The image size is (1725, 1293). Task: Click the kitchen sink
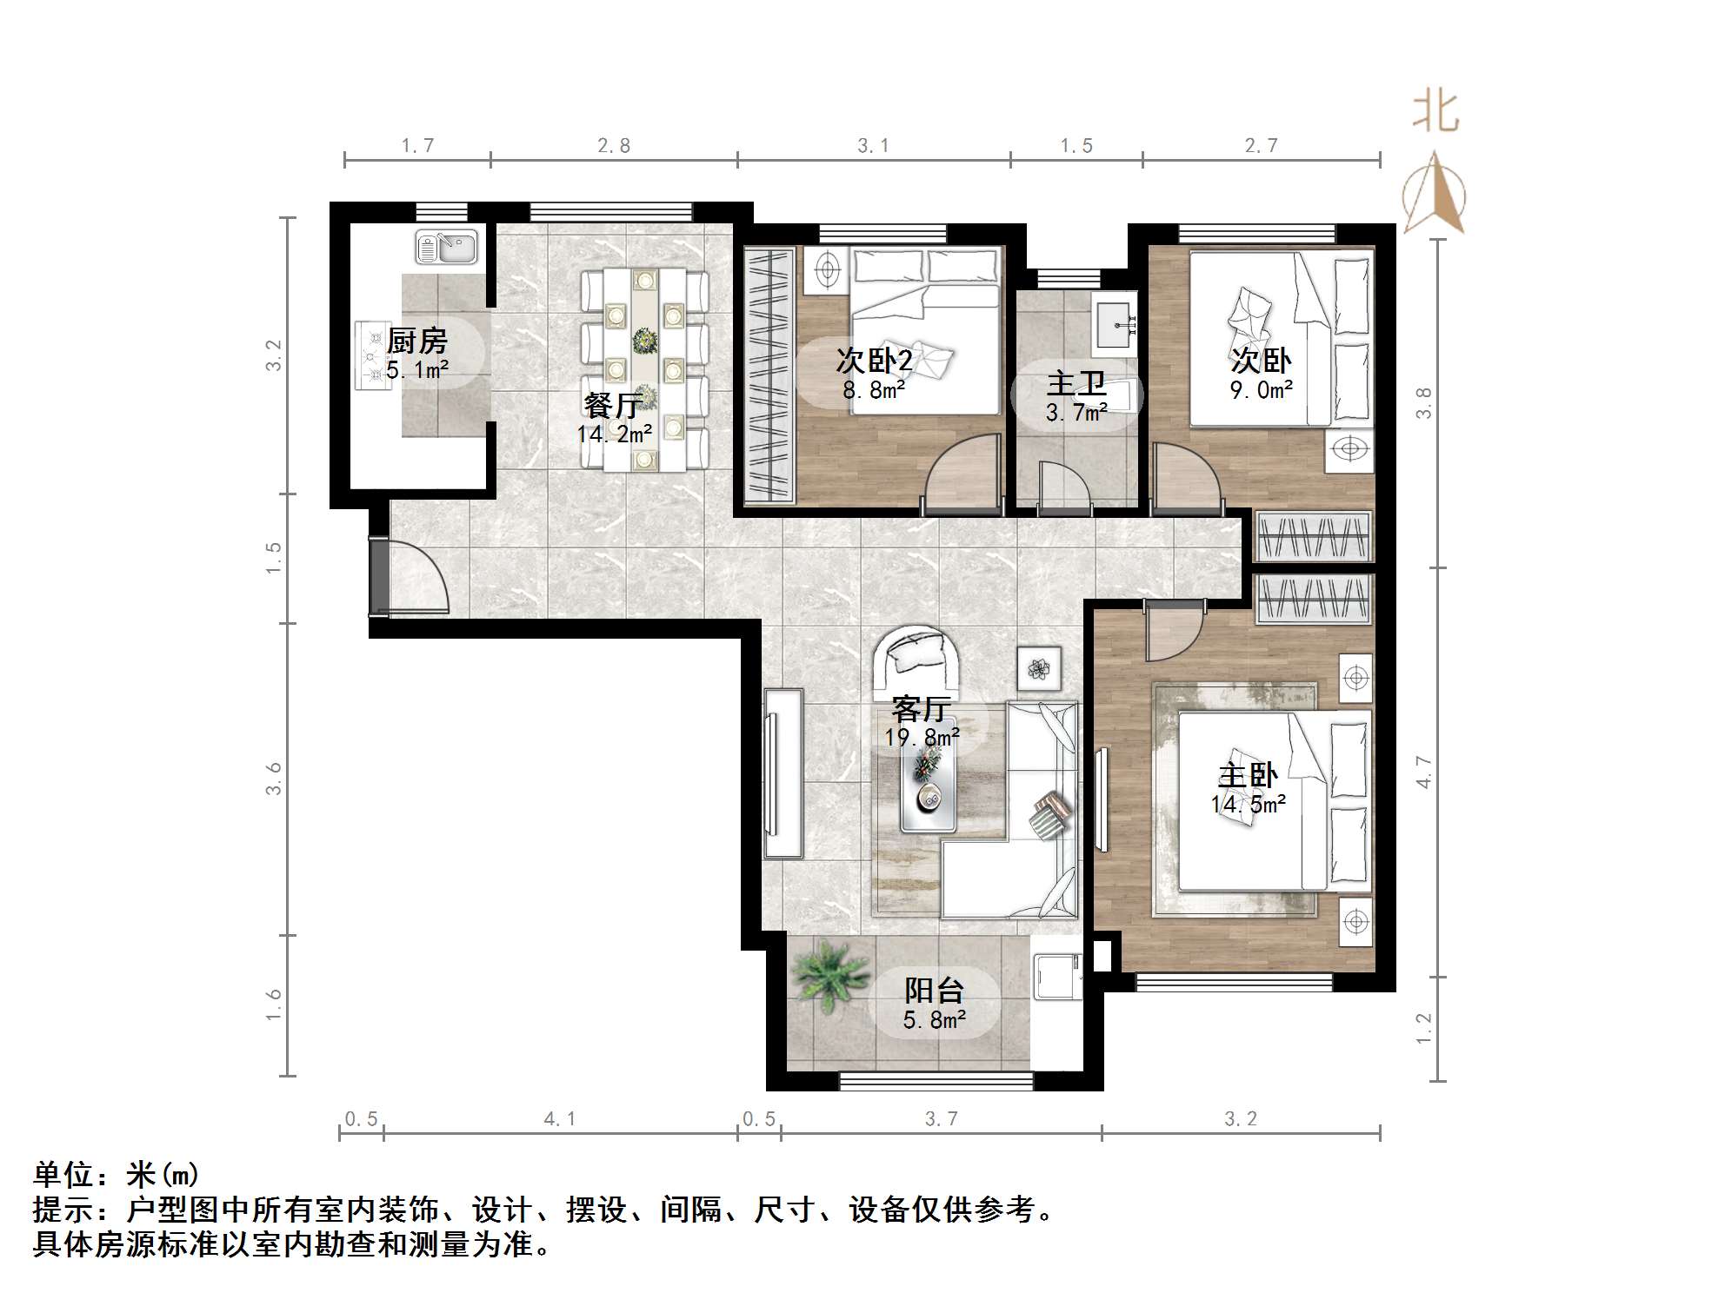click(x=446, y=247)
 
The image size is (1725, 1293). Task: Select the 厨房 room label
click(x=417, y=341)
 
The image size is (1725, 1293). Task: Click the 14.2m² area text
click(x=615, y=434)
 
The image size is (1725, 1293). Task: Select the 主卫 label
click(x=1076, y=383)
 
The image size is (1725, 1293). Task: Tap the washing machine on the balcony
click(x=1056, y=978)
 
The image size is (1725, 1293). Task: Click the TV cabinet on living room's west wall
click(x=783, y=773)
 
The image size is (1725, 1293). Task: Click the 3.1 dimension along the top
click(x=873, y=146)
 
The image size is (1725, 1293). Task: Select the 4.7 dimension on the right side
click(x=1423, y=772)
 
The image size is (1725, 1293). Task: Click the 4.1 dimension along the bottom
click(x=560, y=1118)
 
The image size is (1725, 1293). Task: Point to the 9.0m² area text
click(x=1261, y=390)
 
